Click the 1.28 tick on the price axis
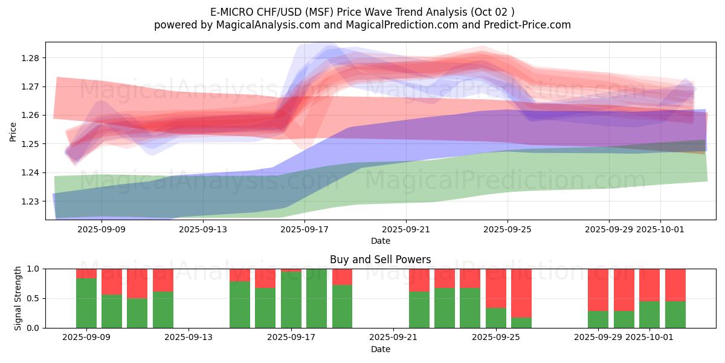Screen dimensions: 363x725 [x=31, y=58]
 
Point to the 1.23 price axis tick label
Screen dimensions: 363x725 [x=31, y=201]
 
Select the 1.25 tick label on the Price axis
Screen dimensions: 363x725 [x=31, y=144]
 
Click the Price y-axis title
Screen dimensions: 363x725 [x=13, y=131]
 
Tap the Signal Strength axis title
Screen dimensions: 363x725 [x=18, y=298]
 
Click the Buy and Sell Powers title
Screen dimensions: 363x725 [x=380, y=260]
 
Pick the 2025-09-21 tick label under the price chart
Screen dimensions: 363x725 [x=406, y=229]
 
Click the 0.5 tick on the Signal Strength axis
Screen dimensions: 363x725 [x=34, y=298]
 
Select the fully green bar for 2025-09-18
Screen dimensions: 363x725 [x=317, y=298]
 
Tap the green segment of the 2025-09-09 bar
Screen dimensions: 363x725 [x=86, y=303]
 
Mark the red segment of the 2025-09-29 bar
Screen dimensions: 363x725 [x=598, y=289]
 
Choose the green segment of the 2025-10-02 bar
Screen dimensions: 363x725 [x=675, y=315]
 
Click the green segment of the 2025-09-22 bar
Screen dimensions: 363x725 [x=419, y=310]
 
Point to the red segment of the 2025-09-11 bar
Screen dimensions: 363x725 [x=137, y=283]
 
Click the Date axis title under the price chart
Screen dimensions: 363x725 [x=380, y=241]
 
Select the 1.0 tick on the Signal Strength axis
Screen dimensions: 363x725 [x=34, y=269]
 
